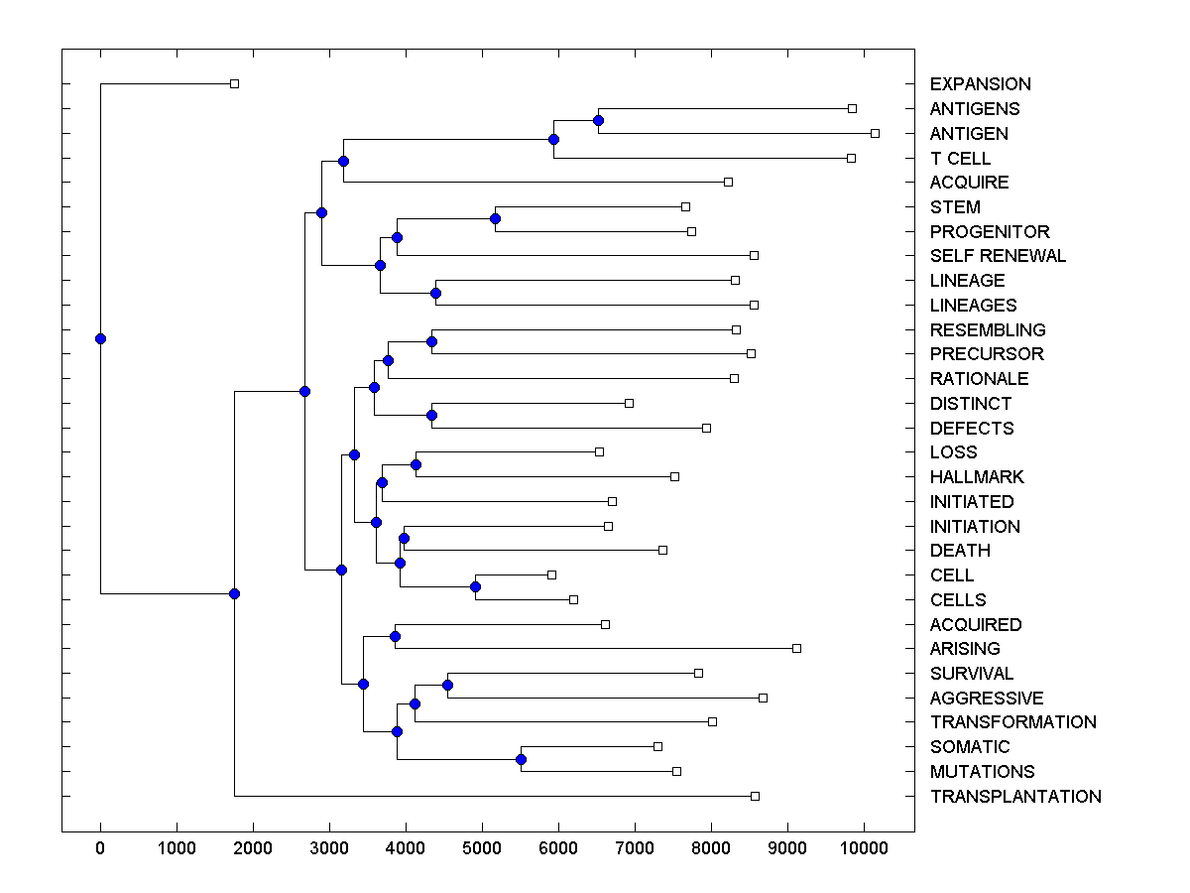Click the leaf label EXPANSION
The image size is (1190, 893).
(x=980, y=84)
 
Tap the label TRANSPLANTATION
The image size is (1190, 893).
(x=1015, y=796)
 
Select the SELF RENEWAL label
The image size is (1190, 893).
(x=998, y=256)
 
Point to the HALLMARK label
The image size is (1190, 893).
(x=977, y=477)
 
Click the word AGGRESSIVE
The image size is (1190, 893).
(x=987, y=699)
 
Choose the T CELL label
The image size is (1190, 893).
(x=960, y=159)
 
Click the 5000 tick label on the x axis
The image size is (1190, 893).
(x=482, y=848)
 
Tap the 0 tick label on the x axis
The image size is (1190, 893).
(x=100, y=848)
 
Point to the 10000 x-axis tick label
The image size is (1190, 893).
(x=864, y=848)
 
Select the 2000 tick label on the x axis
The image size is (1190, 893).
(x=253, y=848)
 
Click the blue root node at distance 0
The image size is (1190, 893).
(x=100, y=338)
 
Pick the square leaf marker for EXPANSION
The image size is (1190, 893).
(x=234, y=83)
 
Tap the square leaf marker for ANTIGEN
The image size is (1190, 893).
(x=875, y=133)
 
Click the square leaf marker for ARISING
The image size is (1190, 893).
(x=796, y=648)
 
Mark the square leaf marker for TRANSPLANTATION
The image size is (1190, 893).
(x=755, y=796)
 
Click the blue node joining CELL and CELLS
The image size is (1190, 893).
(x=475, y=586)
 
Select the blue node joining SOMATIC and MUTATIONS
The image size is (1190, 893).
(x=521, y=759)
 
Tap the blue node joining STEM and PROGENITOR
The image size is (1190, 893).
(x=495, y=218)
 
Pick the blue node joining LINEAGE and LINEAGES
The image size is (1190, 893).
(x=435, y=293)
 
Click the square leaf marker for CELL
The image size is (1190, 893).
(x=551, y=574)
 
